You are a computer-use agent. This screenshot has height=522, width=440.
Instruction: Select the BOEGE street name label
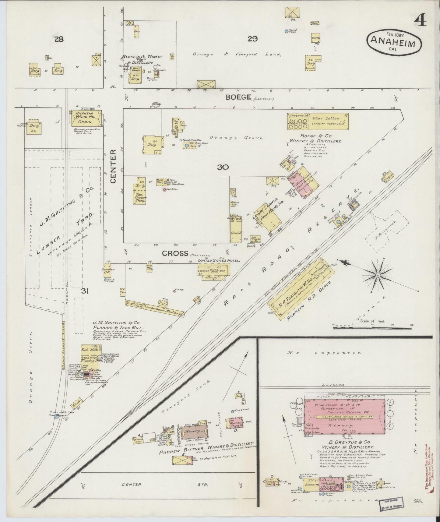click(238, 97)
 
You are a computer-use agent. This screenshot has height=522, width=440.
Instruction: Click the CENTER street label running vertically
click(113, 166)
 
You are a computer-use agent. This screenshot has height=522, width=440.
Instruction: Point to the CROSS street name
click(174, 253)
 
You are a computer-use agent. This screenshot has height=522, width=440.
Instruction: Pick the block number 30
click(223, 167)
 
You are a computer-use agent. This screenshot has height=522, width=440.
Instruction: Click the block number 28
click(59, 39)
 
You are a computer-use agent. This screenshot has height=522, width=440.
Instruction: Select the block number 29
click(252, 39)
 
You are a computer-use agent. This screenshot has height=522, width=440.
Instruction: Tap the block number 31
click(85, 291)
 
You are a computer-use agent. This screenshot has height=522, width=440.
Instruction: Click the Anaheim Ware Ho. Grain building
click(86, 119)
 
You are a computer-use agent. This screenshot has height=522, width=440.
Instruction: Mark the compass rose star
click(378, 275)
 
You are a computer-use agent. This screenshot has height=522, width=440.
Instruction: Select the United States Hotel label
click(219, 261)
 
